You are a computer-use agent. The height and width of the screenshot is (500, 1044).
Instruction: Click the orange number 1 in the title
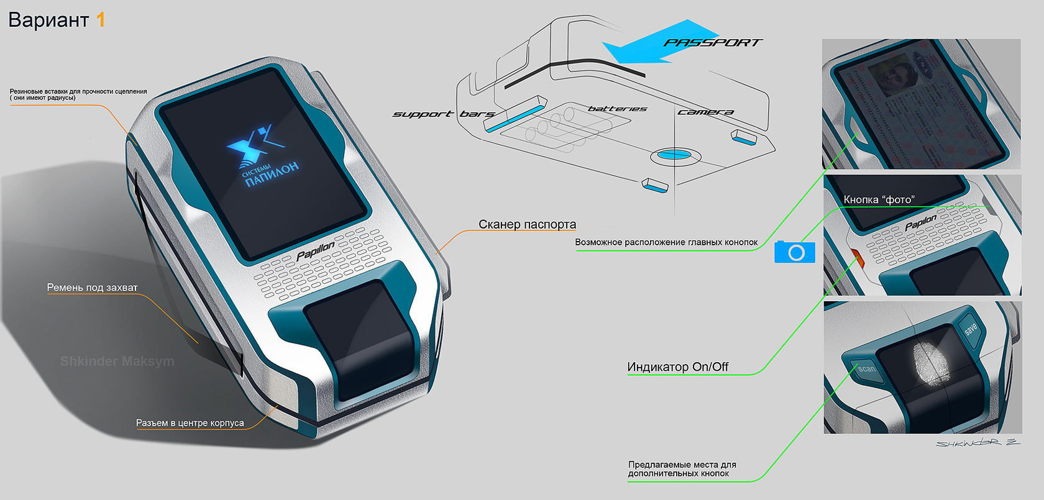pyautogui.click(x=100, y=20)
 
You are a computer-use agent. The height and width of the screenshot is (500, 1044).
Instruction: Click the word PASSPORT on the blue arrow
pyautogui.click(x=712, y=43)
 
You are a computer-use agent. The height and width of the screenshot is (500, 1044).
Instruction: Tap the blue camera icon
pyautogui.click(x=795, y=252)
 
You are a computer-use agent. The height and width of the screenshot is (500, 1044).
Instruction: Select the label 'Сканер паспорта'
pyautogui.click(x=527, y=224)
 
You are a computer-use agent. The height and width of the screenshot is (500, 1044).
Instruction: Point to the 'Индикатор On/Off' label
pyautogui.click(x=677, y=366)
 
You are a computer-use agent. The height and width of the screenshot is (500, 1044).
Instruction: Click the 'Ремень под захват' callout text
pyautogui.click(x=92, y=288)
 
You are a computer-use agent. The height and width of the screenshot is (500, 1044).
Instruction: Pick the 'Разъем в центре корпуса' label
pyautogui.click(x=190, y=423)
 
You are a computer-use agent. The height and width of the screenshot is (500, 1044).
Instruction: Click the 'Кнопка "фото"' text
pyautogui.click(x=879, y=199)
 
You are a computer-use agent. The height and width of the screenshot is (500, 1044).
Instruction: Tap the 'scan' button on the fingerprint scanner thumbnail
pyautogui.click(x=866, y=369)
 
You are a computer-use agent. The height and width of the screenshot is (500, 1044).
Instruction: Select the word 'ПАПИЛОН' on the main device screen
pyautogui.click(x=272, y=174)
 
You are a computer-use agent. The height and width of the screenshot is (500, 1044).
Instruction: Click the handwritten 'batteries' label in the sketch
pyautogui.click(x=617, y=109)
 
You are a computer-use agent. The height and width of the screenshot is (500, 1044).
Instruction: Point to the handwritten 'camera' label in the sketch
pyautogui.click(x=705, y=112)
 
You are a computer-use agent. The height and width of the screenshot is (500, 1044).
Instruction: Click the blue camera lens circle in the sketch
pyautogui.click(x=674, y=154)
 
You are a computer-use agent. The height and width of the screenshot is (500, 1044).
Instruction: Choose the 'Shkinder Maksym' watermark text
pyautogui.click(x=117, y=361)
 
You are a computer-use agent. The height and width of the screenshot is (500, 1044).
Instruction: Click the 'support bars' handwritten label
pyautogui.click(x=443, y=114)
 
